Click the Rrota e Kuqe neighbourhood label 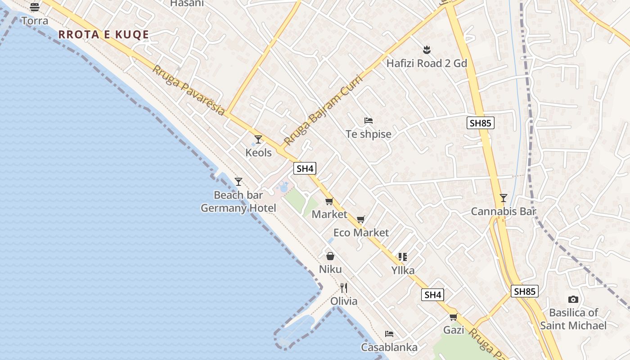(103, 35)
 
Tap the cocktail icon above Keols (258, 139)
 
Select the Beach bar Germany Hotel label (238, 202)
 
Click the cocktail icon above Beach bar (238, 182)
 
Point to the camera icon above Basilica (573, 299)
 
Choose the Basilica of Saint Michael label (573, 319)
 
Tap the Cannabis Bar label (504, 211)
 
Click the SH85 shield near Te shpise (481, 123)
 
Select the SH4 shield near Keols (305, 169)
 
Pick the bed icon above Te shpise (369, 121)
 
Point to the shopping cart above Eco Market (360, 220)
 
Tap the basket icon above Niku (330, 256)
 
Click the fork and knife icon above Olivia (344, 288)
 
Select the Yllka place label (403, 270)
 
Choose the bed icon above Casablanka (389, 334)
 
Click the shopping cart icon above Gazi (454, 317)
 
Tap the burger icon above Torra (35, 7)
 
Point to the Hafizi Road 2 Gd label (427, 63)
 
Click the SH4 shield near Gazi (432, 295)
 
